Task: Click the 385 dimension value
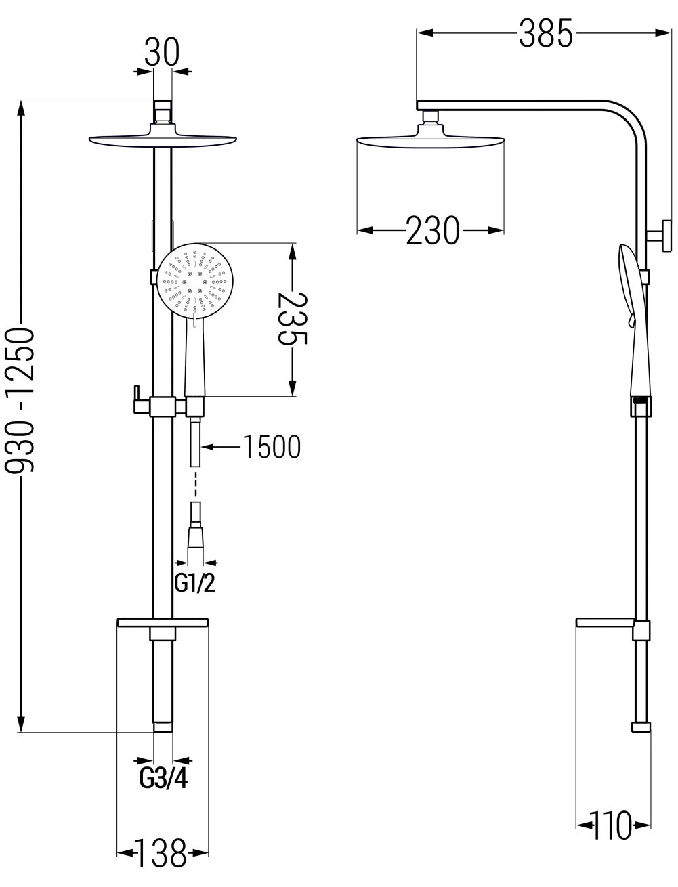[545, 33]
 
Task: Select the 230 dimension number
[432, 230]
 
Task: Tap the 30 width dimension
[162, 51]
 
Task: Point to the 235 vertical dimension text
[293, 318]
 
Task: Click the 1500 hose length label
[272, 447]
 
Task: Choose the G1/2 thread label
[195, 583]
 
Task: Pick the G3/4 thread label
[163, 778]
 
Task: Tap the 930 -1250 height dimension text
[20, 400]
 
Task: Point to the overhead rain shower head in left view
[163, 137]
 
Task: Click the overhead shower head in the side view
[431, 137]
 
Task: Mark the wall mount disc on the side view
[666, 236]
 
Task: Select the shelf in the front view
[163, 623]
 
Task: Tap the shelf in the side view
[605, 623]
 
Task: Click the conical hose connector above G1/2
[196, 537]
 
